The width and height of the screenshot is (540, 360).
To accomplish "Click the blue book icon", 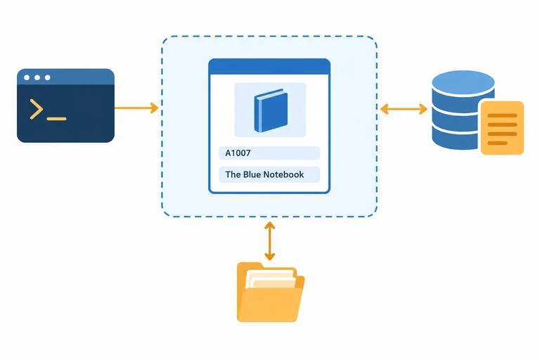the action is coord(271,110).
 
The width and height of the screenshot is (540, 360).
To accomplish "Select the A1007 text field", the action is coord(269,153).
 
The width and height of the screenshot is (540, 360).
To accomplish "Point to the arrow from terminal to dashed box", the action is coord(136,108).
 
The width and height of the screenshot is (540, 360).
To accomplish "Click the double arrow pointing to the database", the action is coord(404,109).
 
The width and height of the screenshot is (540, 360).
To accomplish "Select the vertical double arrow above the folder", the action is coord(270,240).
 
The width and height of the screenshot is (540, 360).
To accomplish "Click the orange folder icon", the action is coord(270,292).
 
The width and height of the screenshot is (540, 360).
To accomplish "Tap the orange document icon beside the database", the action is coord(502,128).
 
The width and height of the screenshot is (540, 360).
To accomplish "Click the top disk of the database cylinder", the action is coord(463,83).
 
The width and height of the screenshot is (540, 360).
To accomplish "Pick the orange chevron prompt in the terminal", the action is coord(36,109).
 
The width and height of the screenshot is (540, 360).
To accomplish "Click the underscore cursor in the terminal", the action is coord(56,119).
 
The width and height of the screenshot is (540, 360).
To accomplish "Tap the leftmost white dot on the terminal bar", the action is coord(27,77).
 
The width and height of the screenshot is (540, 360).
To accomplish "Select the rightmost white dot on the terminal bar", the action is coord(48,77).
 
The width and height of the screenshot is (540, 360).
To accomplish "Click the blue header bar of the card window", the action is coord(269,67).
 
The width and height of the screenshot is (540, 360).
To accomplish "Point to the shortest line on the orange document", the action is coord(498,143).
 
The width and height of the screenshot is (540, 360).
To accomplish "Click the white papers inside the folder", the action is coord(270,278).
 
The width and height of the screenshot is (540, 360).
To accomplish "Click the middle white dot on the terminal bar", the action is coord(37,77).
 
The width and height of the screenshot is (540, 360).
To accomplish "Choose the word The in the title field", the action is coord(233,174).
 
